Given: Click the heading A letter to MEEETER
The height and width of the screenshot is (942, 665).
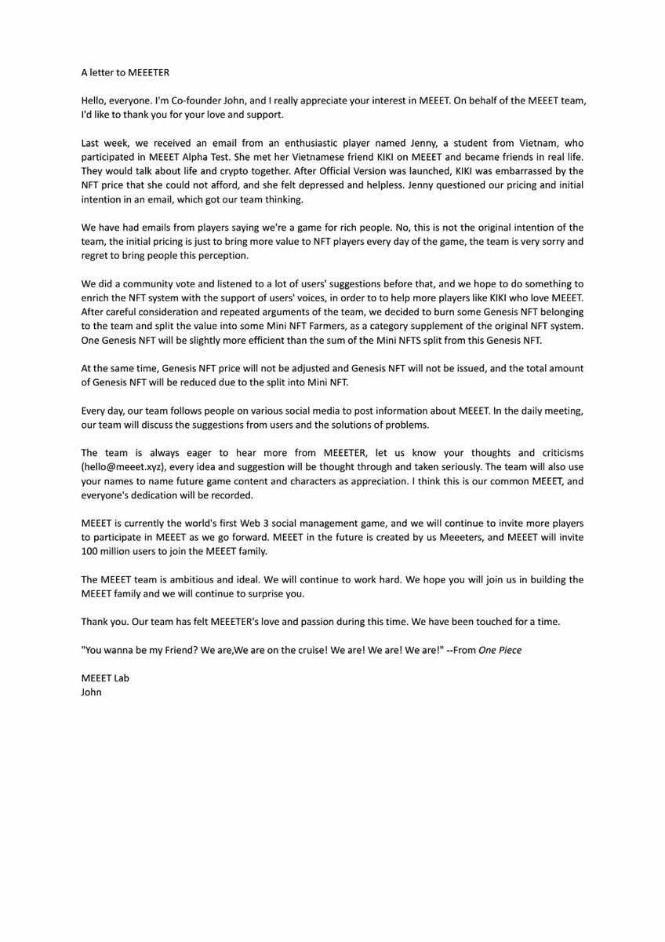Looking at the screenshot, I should coord(125,72).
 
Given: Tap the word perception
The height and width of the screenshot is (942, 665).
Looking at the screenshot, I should coord(224,256).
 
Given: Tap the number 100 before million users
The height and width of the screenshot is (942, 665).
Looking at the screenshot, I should coord(90,553).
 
